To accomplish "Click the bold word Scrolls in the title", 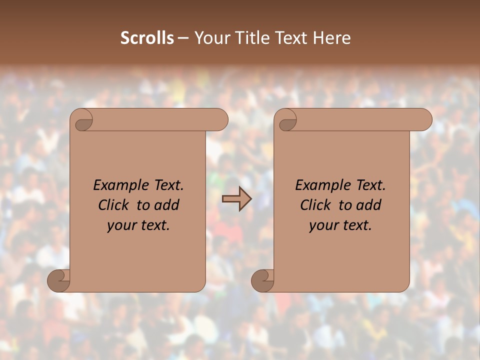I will coord(147,38).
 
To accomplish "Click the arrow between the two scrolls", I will coord(237,199).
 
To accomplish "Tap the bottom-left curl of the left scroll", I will coord(58,280).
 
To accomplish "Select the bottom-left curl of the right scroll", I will coord(262,280).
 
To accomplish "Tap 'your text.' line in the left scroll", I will coord(138,225).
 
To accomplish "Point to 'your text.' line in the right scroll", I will coord(340,225).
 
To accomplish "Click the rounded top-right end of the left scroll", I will coord(220,120).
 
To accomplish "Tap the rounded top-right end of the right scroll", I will coord(424,120).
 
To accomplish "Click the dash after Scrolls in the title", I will coord(183,38).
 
